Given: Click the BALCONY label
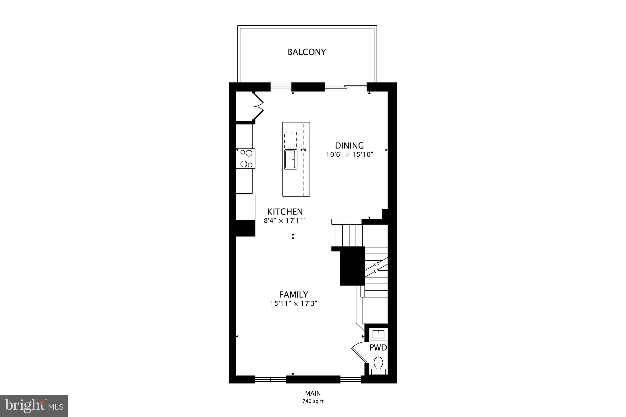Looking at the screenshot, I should (x=307, y=52).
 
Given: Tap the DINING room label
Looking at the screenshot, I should (x=349, y=146).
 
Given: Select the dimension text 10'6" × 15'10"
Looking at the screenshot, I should (x=350, y=155).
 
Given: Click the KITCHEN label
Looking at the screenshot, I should (x=285, y=212).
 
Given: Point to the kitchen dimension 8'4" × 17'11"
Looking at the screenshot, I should (x=285, y=221).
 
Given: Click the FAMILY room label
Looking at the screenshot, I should (x=293, y=294).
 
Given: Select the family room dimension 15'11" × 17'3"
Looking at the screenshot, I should (x=293, y=304).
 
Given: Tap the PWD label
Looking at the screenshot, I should (x=378, y=348).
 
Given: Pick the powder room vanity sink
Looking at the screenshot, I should (x=378, y=334).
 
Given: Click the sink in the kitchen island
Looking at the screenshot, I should (x=290, y=159).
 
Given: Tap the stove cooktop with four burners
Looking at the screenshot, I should (x=246, y=159).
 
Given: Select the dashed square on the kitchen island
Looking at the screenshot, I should (x=290, y=140).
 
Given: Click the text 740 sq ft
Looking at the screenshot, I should (x=313, y=401).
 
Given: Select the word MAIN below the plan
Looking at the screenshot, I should (x=313, y=393).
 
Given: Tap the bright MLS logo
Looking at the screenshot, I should (x=34, y=406).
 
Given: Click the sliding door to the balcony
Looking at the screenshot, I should (x=345, y=87).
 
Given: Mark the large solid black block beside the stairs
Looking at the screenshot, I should (x=352, y=266).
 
